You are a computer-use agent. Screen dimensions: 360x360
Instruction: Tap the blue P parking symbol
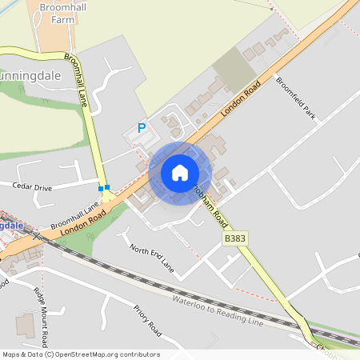142,127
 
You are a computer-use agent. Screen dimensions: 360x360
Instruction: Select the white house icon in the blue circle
180,173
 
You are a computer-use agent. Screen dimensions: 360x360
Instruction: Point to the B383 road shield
234,238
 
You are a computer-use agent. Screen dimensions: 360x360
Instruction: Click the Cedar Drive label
32,187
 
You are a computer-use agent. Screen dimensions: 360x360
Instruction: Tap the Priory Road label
148,319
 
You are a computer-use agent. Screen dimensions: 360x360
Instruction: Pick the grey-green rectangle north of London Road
234,67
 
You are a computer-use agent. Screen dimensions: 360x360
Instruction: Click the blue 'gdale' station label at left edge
11,226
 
